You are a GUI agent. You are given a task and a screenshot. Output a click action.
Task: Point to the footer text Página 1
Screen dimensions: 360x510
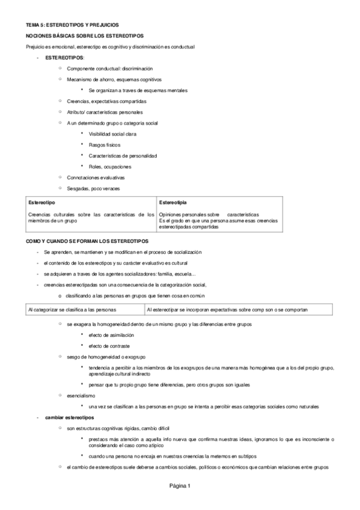point(180,485)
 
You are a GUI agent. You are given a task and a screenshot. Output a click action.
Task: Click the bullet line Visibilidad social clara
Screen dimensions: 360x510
point(112,134)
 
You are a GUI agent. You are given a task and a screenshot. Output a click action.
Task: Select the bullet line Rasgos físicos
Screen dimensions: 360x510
point(104,145)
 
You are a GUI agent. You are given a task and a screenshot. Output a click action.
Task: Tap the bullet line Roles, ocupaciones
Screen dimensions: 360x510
point(109,167)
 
